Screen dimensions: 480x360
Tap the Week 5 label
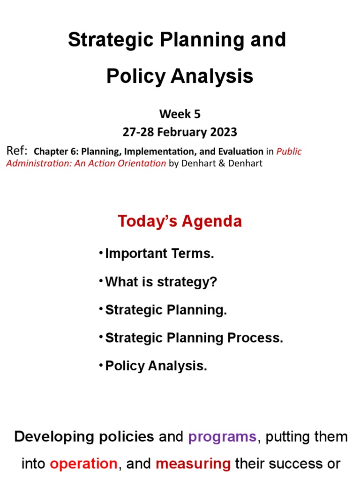point(180,114)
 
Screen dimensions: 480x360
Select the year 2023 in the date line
point(221,132)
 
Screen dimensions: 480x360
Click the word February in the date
point(178,132)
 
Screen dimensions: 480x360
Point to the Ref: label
point(17,151)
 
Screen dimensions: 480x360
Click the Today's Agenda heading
point(180,221)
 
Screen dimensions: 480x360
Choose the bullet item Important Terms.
point(159,254)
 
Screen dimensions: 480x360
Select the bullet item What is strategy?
point(161,282)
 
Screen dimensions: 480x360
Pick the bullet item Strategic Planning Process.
point(194,338)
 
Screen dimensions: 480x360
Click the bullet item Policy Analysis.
point(156,366)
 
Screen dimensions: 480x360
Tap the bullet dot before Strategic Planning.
point(101,309)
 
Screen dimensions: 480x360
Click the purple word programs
point(222,437)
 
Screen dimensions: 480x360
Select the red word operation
point(83,464)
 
